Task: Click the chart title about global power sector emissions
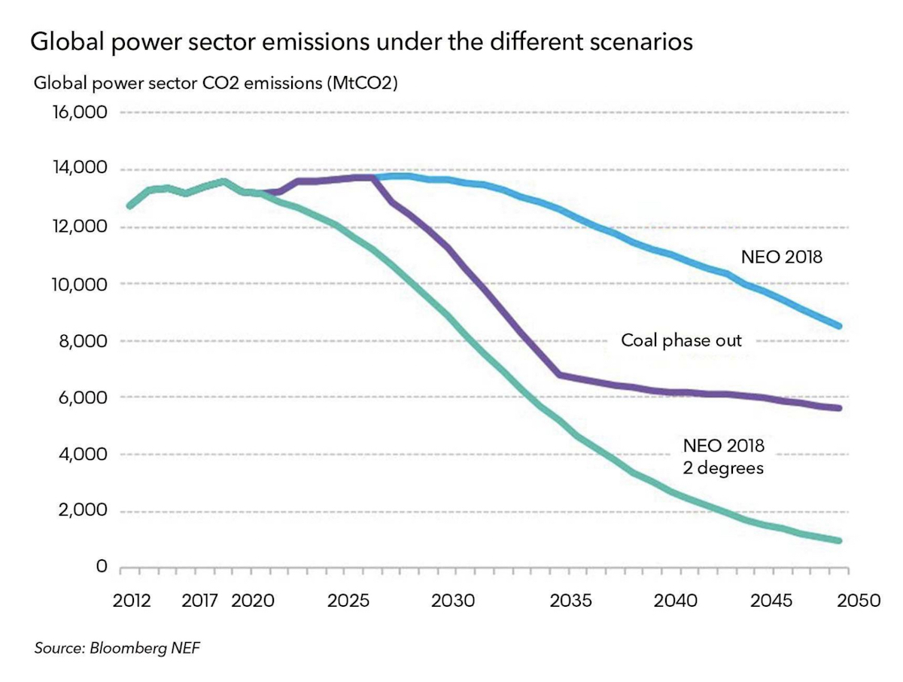(x=361, y=42)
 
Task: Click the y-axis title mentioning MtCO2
(x=216, y=83)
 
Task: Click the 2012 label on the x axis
(x=130, y=601)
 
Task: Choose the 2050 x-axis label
(x=860, y=601)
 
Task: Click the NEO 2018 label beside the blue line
(x=782, y=257)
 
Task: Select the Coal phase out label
(x=681, y=340)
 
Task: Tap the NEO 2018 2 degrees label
(x=724, y=456)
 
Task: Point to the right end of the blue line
(x=838, y=326)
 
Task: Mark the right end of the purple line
(x=838, y=408)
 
